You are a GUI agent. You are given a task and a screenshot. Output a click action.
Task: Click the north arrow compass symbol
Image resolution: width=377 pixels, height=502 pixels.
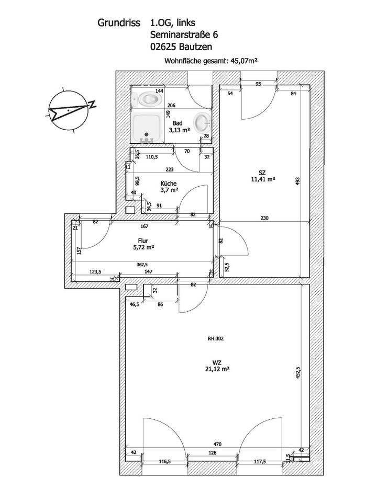[67, 110]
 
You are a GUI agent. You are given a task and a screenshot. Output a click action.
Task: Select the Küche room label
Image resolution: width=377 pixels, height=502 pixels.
[168, 184]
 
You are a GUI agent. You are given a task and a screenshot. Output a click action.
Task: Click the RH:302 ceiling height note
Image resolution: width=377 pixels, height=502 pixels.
[216, 338]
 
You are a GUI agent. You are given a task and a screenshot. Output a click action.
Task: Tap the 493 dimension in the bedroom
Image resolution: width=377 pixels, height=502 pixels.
[297, 180]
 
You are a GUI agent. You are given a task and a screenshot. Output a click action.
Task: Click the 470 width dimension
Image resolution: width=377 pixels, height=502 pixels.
[217, 444]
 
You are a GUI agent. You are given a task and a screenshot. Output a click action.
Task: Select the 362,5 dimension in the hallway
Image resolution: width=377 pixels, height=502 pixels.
[142, 265]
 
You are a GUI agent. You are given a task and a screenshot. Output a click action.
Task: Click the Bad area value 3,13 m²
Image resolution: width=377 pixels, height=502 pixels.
[178, 131]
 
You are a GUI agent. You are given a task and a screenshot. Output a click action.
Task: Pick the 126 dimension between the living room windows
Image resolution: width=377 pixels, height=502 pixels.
[213, 453]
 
